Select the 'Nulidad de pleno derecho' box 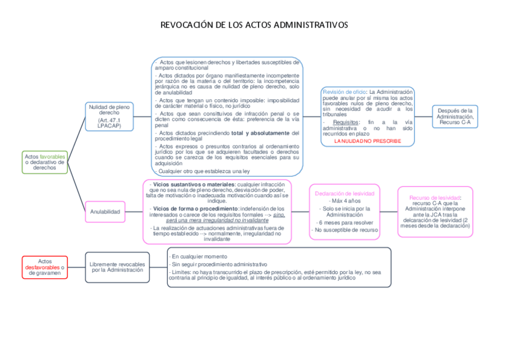point(109,116)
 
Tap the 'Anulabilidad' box point(105,212)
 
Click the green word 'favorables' point(53,156)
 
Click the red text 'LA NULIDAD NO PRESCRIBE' point(367,140)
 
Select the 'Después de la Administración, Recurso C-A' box point(455,116)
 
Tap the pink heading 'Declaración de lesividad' point(345,194)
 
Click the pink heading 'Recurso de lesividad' point(434,197)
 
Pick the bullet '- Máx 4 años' point(345,201)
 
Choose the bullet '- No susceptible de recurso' point(345,230)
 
